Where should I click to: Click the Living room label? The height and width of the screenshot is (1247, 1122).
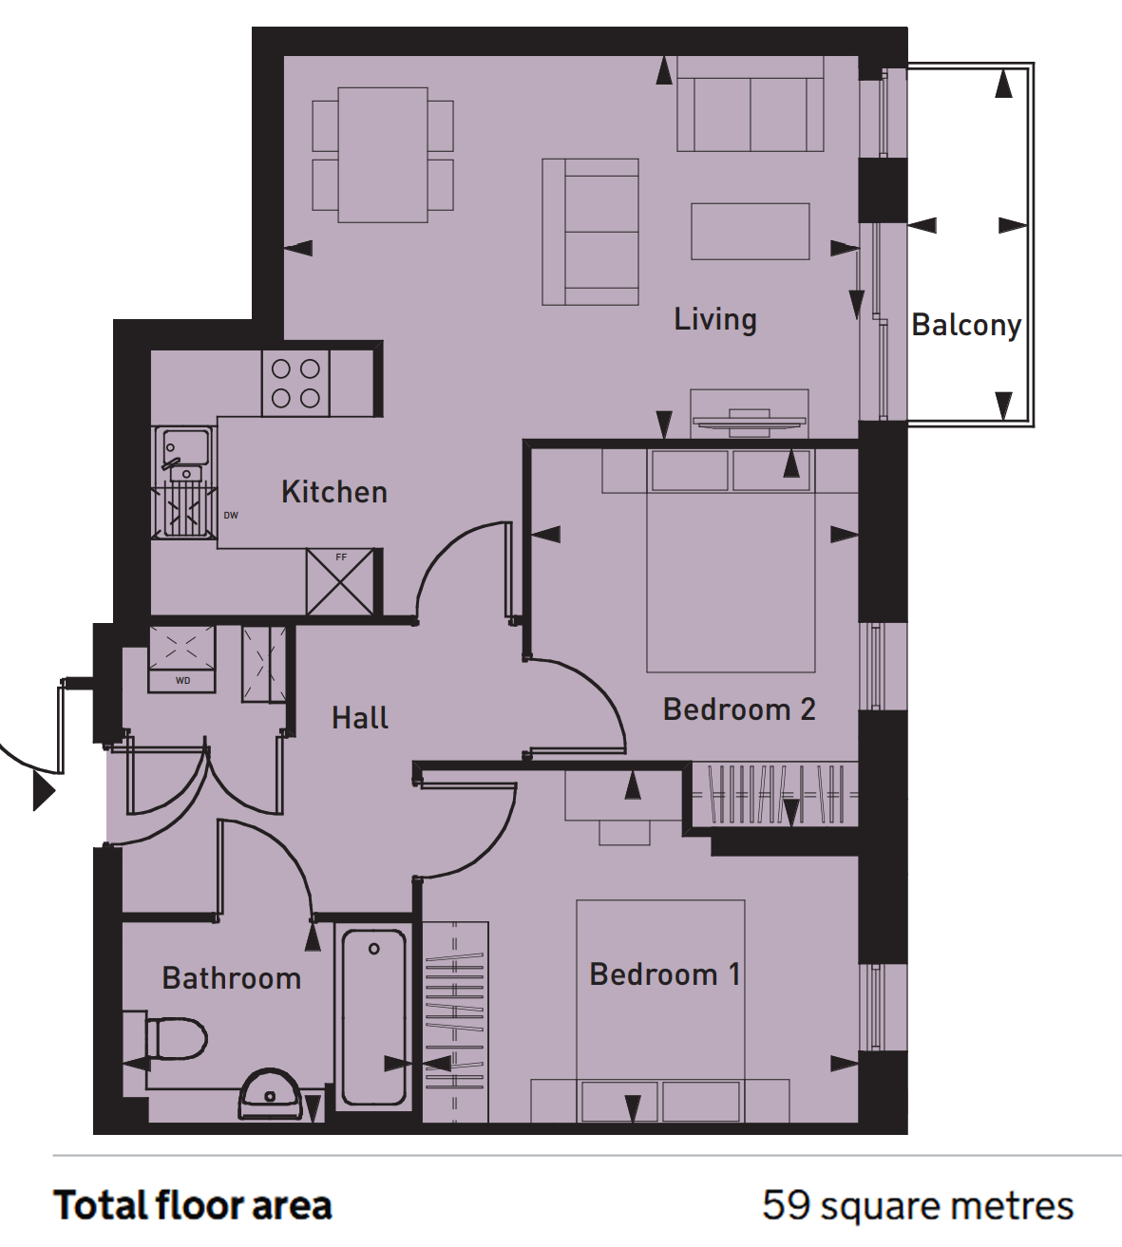715,320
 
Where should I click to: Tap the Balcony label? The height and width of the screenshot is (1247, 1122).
966,325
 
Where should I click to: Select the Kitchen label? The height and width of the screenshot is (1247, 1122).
334,492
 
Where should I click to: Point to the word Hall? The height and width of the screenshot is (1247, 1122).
360,718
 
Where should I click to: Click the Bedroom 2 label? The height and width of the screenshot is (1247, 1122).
739,709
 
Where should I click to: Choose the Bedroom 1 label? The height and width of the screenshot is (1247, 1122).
665,974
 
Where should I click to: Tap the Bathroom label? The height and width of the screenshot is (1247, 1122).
232,978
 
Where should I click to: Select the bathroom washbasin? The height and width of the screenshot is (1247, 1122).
270,1094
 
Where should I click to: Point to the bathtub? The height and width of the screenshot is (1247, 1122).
373,1017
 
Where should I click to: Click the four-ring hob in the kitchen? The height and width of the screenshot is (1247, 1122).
295,384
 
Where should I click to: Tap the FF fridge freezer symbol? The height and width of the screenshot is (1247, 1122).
340,582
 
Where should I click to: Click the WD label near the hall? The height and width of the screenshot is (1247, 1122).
182,681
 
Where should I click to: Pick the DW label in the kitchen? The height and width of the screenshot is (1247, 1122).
231,516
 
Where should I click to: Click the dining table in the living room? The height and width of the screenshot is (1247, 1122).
383,155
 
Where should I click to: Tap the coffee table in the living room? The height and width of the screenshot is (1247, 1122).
751,231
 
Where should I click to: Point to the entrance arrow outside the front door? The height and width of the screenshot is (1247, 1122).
44,791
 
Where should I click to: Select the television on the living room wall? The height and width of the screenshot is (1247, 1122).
750,422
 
